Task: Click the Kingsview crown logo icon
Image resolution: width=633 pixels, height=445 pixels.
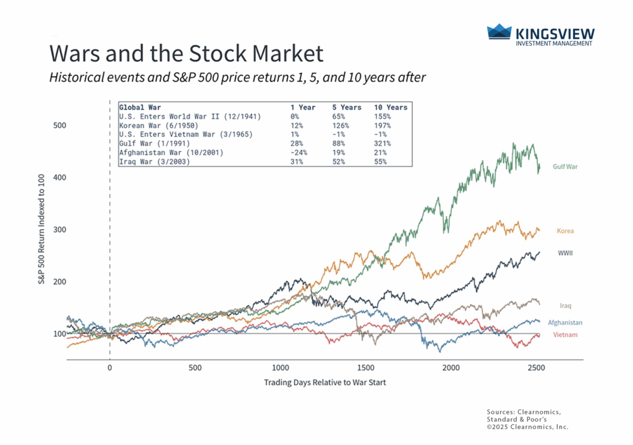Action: coord(499,32)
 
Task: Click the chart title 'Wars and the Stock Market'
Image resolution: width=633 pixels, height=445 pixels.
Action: coord(186,54)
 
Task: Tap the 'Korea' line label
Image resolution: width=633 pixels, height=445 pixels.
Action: coord(565,231)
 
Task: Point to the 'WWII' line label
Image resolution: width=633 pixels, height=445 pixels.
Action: coord(564,253)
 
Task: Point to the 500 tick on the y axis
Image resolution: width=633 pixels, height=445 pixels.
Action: coord(59,125)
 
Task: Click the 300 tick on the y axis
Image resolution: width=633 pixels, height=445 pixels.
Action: coord(59,230)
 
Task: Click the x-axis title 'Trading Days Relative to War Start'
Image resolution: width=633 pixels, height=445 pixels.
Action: coord(325,382)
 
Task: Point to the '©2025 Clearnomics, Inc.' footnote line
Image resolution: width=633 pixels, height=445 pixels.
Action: coord(527,426)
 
